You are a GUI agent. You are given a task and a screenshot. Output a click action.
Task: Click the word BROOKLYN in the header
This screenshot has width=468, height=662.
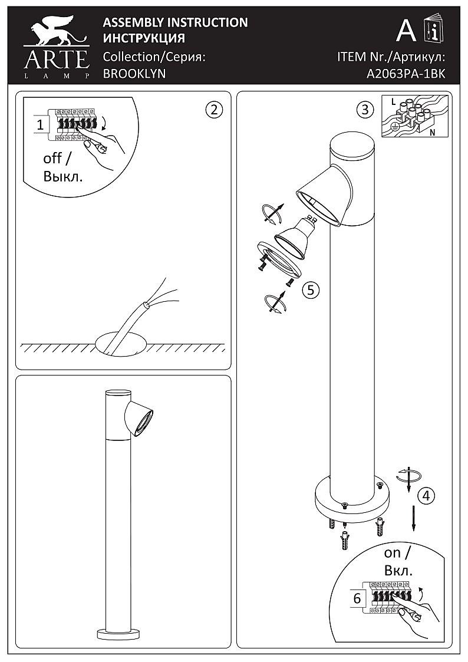click(134, 74)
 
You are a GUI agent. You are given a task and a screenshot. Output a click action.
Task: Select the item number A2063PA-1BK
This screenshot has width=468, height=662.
click(406, 74)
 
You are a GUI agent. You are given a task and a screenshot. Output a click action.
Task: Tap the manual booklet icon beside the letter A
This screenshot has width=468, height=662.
click(433, 28)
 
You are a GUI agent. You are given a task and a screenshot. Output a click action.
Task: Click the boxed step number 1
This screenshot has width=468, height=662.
click(40, 125)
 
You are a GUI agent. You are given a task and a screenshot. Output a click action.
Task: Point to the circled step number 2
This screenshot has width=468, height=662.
click(213, 110)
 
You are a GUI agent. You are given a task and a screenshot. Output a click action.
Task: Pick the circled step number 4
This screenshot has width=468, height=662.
click(426, 496)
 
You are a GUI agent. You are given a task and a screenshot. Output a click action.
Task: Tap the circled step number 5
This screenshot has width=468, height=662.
click(311, 290)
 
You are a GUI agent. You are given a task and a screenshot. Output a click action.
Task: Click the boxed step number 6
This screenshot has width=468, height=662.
click(357, 599)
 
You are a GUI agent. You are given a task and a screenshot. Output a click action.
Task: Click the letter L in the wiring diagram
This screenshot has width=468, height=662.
click(393, 102)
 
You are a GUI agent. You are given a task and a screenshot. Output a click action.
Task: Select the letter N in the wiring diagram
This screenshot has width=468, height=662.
click(433, 132)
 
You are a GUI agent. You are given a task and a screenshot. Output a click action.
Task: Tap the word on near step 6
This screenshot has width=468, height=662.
click(393, 553)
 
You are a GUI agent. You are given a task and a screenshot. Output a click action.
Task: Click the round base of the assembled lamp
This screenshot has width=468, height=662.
click(118, 634)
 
